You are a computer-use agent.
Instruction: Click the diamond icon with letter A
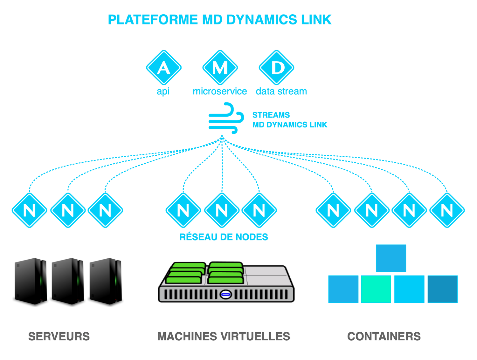(164, 67)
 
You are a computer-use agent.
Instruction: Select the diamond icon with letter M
(220, 67)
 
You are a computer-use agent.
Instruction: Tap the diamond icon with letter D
(276, 67)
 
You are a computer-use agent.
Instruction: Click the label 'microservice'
(220, 91)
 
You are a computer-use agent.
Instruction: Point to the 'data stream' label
(281, 91)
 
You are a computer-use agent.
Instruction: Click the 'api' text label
(163, 92)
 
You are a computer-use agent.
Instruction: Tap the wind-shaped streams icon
(226, 118)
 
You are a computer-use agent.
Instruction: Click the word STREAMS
(271, 115)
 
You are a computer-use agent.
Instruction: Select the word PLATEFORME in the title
(153, 20)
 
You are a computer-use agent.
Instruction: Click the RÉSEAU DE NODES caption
(224, 237)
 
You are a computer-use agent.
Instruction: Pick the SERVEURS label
(59, 336)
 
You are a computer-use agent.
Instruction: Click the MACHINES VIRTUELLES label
(224, 336)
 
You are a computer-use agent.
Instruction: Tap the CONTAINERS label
(384, 336)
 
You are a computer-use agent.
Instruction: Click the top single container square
(391, 258)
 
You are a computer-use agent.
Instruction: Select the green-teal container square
(376, 289)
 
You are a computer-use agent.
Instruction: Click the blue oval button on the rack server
(226, 295)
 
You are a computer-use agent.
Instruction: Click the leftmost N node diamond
(29, 210)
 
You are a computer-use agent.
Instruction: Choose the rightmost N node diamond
(447, 210)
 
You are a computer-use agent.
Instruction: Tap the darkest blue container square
(442, 289)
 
